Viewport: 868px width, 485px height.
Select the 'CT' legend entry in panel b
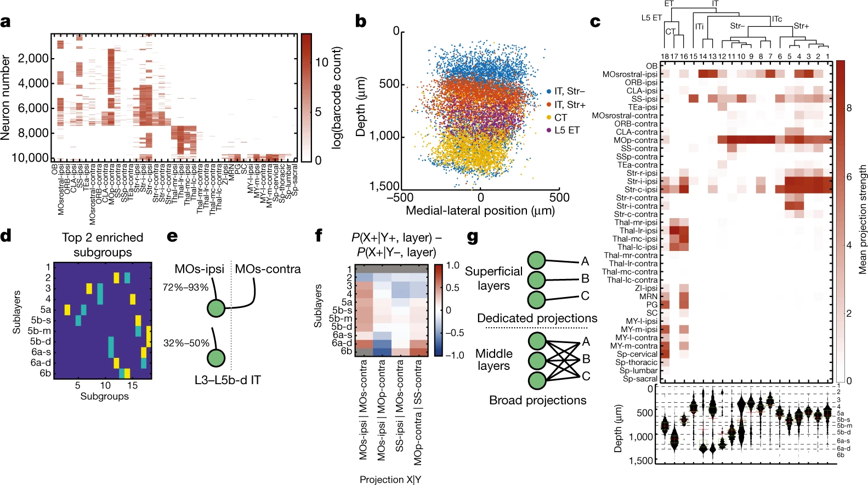(560, 118)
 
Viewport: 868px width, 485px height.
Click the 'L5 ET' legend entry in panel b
(566, 130)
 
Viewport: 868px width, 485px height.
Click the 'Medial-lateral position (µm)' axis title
(480, 211)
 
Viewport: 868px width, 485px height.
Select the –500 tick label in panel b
(400, 198)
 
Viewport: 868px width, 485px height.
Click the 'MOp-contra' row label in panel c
(636, 140)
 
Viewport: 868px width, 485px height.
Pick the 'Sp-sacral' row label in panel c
(640, 379)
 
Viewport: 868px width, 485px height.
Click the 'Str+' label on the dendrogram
(801, 26)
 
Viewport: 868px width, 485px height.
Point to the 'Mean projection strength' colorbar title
(863, 219)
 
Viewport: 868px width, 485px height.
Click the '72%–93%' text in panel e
(186, 287)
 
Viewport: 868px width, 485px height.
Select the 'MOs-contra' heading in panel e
(268, 269)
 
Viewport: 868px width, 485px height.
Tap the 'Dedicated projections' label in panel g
(537, 318)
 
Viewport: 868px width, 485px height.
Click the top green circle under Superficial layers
(536, 261)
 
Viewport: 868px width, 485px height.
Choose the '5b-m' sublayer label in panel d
(41, 331)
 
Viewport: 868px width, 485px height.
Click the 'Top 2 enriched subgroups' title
(103, 244)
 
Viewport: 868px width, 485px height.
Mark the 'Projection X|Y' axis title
(390, 480)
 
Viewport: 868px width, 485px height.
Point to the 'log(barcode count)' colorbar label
(336, 98)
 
